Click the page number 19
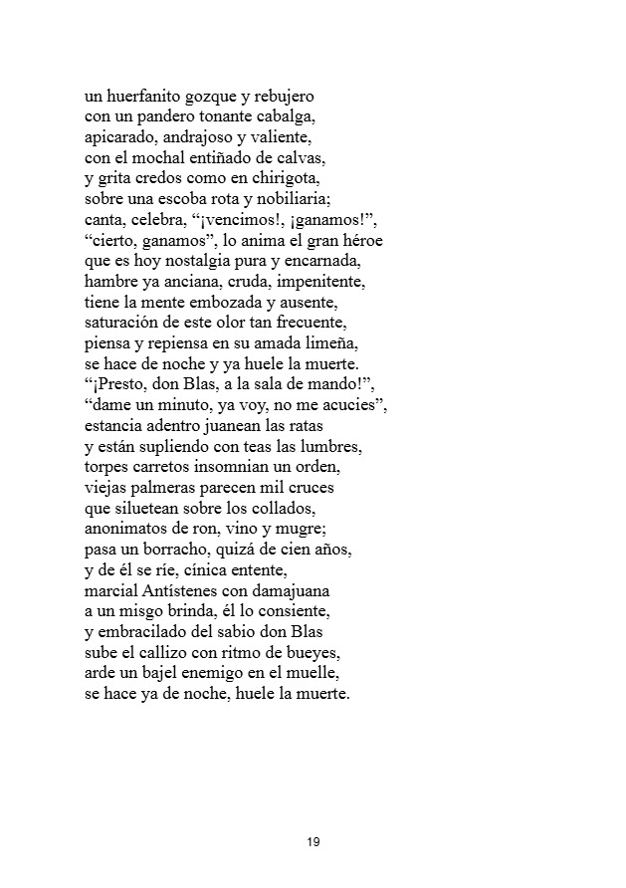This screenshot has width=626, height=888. click(x=313, y=842)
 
